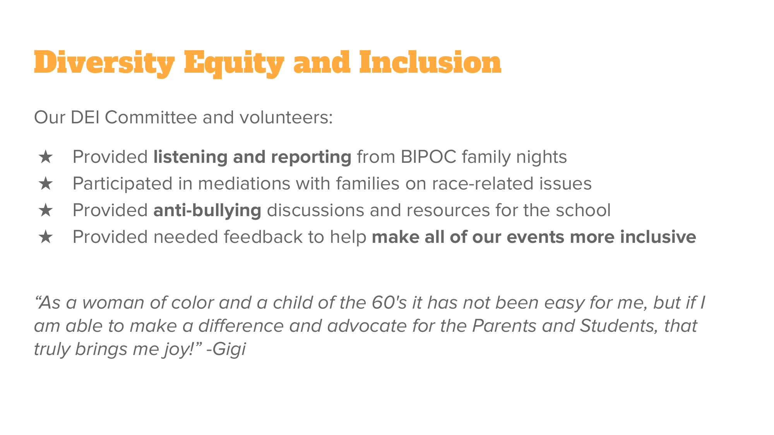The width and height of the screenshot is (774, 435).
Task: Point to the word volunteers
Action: (286, 117)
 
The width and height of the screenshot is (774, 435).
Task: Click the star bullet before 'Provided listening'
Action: (46, 157)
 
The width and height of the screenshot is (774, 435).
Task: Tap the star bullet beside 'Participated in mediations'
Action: (46, 184)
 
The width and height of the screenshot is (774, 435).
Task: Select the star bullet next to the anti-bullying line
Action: (46, 210)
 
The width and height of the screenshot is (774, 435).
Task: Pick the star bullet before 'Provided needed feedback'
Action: (46, 237)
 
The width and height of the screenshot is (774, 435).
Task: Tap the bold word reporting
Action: (311, 157)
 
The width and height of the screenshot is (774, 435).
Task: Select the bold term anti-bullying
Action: (207, 210)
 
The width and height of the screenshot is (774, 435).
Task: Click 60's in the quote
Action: (389, 303)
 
